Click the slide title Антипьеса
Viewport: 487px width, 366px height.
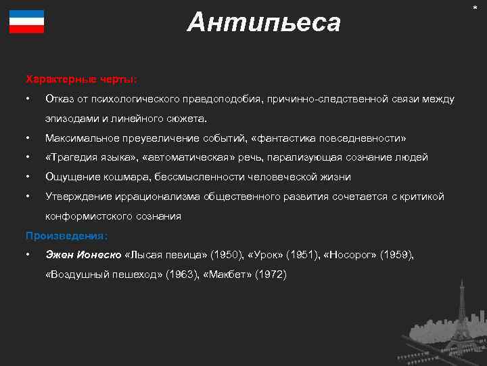[x=264, y=23]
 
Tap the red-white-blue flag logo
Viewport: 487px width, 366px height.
[x=27, y=22]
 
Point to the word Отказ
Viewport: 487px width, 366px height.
[x=59, y=99]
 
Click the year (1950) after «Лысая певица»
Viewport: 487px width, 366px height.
[x=225, y=255]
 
